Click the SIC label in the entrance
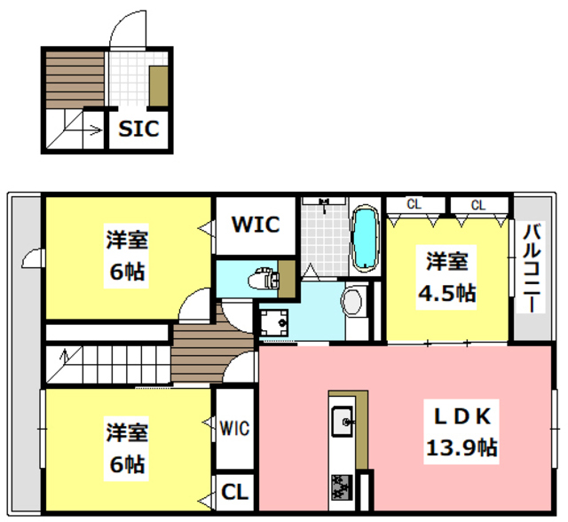pyautogui.click(x=139, y=130)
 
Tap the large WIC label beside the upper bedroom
pyautogui.click(x=256, y=224)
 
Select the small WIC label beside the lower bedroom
pyautogui.click(x=235, y=429)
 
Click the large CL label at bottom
pyautogui.click(x=235, y=491)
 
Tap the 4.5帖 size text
pyautogui.click(x=447, y=292)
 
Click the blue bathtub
pyautogui.click(x=366, y=240)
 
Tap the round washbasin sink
pyautogui.click(x=352, y=301)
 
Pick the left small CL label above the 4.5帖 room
pyautogui.click(x=414, y=205)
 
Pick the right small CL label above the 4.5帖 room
pyautogui.click(x=477, y=205)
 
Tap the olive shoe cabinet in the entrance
pyautogui.click(x=159, y=87)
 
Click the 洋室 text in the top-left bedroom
pyautogui.click(x=127, y=240)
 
